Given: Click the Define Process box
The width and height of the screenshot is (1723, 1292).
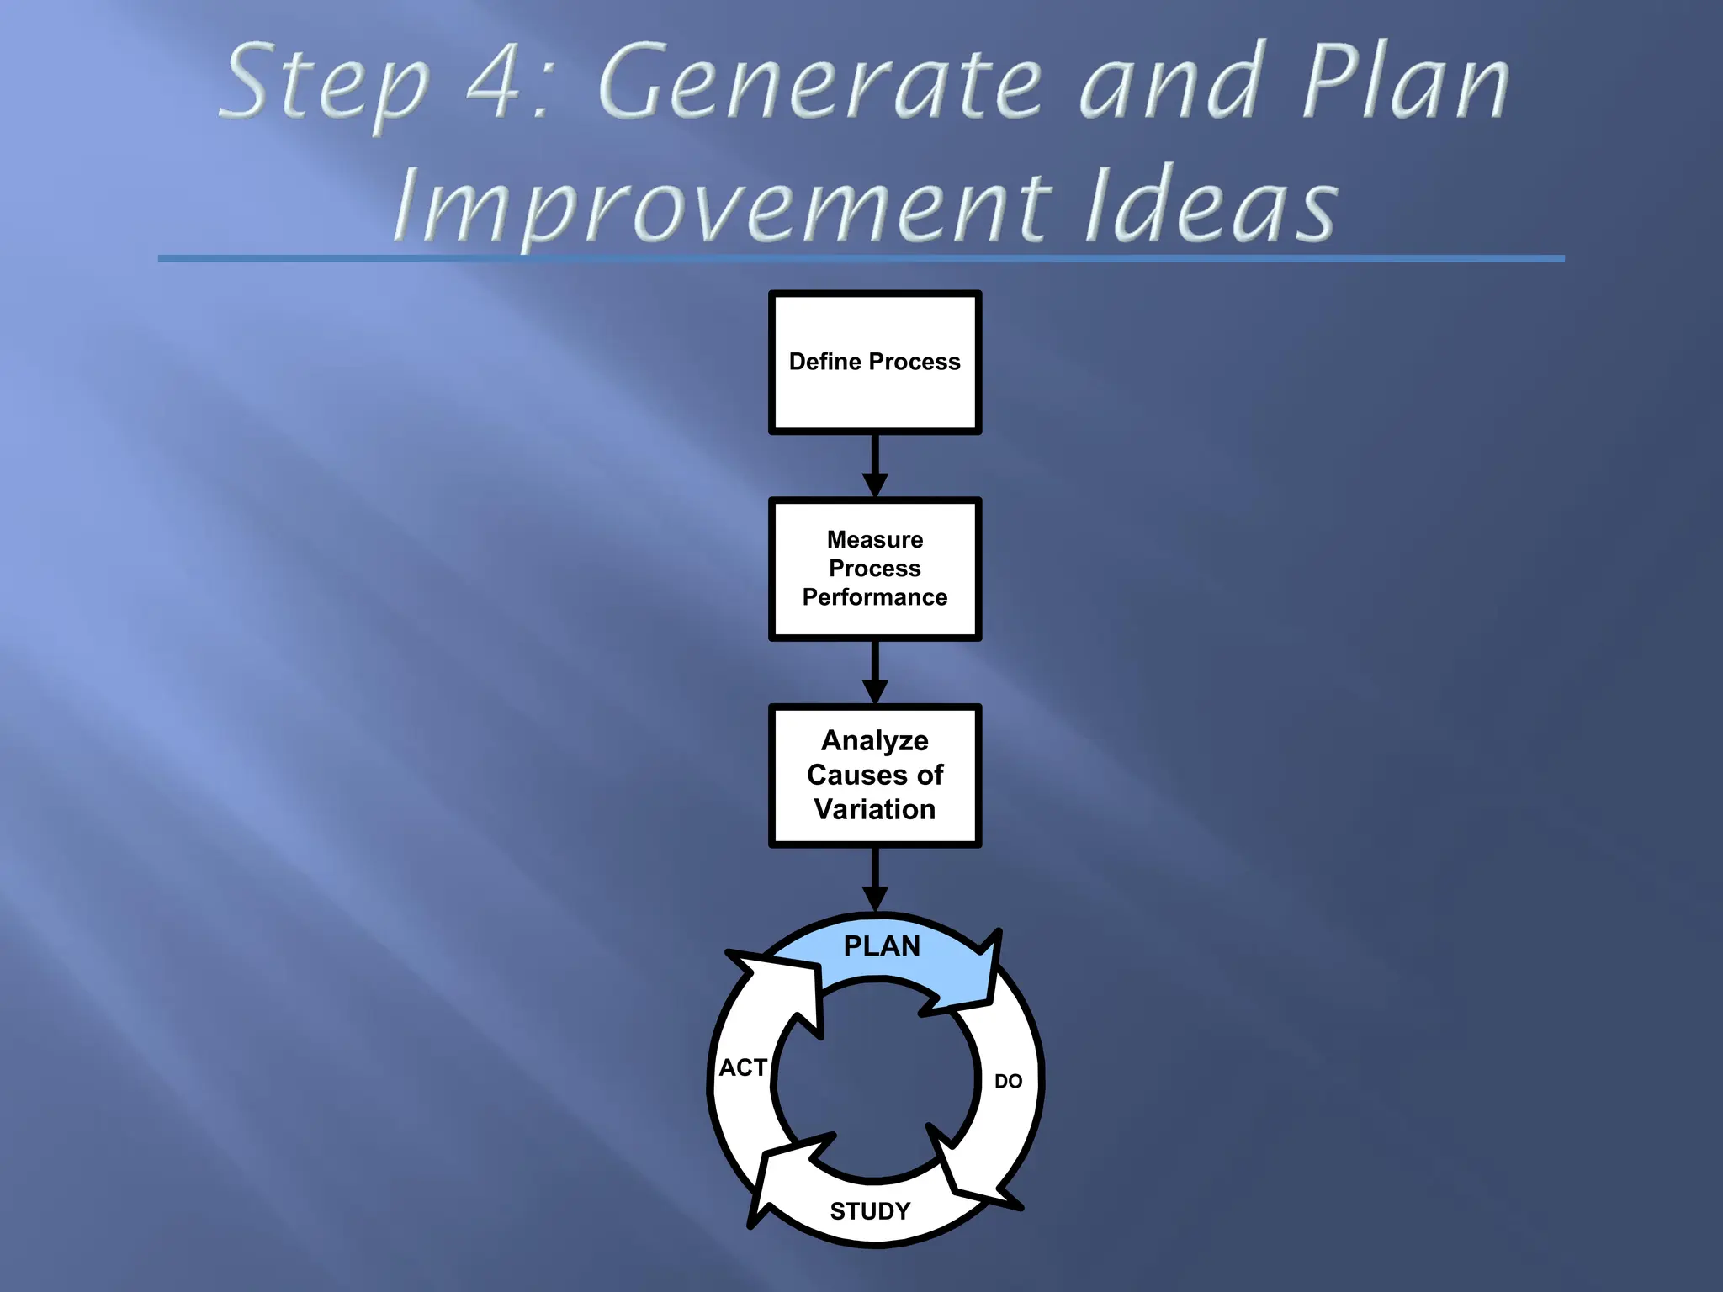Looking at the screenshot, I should click(x=875, y=363).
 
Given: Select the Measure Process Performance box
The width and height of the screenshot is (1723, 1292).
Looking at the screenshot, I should click(x=875, y=569).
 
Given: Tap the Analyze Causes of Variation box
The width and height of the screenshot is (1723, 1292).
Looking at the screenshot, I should click(x=875, y=776).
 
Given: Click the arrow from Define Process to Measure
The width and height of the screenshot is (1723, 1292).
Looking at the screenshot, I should click(x=875, y=466).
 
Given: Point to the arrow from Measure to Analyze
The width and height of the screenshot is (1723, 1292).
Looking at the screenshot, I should click(x=875, y=672).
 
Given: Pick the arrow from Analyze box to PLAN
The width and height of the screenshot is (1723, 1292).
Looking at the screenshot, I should click(x=875, y=879).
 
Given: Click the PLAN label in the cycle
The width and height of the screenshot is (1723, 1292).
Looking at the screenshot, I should click(x=882, y=946).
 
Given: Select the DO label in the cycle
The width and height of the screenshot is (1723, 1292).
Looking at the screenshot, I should click(x=1008, y=1081).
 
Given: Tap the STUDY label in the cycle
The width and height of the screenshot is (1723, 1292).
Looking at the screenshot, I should click(x=870, y=1211).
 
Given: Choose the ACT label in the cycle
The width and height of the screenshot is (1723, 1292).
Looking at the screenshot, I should click(x=743, y=1067).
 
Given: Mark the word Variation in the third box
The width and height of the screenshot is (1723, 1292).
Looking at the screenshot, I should click(x=875, y=809).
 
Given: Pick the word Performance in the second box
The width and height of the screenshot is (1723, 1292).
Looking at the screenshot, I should click(x=875, y=597).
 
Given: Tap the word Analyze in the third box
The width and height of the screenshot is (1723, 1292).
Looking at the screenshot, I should click(x=875, y=740).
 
